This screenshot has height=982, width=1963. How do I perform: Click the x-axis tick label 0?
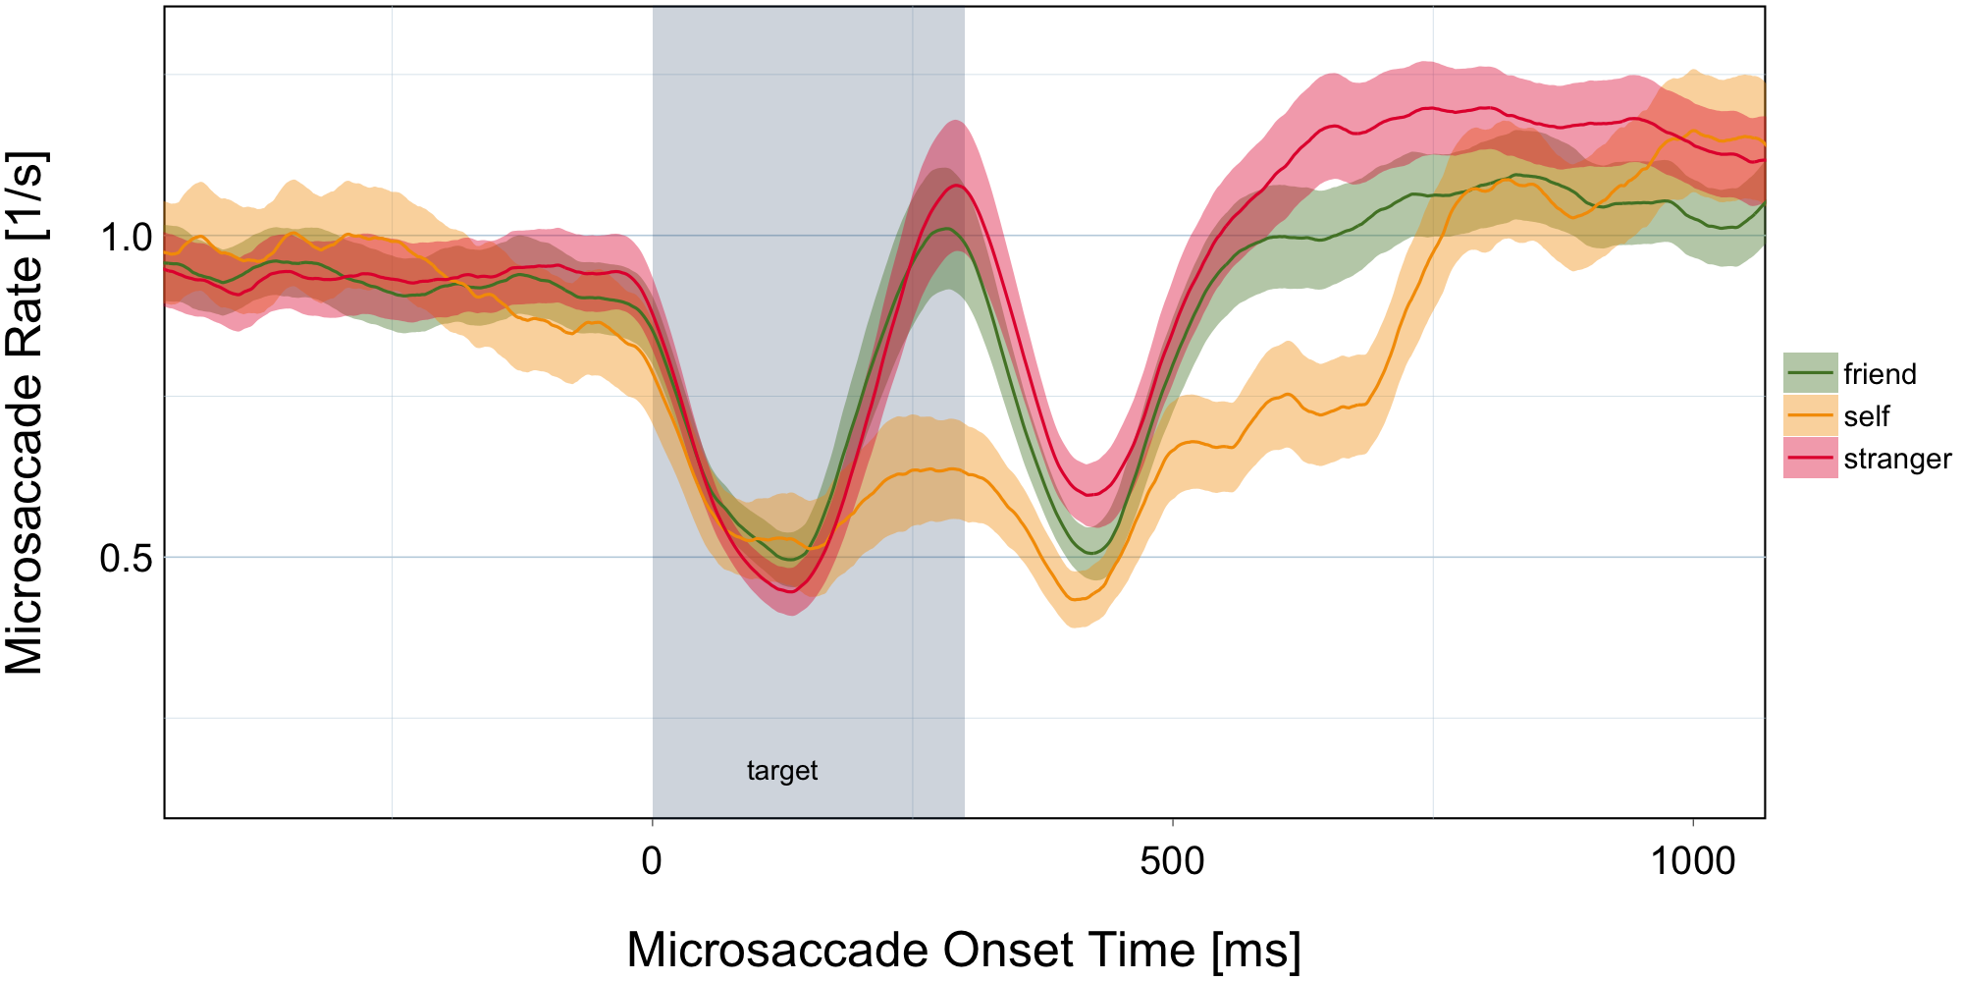click(652, 862)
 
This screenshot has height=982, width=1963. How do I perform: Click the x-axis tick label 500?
click(1172, 862)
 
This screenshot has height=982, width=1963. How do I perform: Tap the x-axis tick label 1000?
click(1692, 862)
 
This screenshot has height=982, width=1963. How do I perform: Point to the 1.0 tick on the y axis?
click(126, 237)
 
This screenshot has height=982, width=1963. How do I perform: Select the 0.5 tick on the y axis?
click(126, 558)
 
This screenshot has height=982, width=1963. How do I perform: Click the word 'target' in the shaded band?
click(782, 771)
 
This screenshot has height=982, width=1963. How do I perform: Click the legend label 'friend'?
click(1880, 374)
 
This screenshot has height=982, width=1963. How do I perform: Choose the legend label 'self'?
click(1866, 416)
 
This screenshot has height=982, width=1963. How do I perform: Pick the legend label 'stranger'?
click(1897, 459)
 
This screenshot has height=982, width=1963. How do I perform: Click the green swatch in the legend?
click(1810, 373)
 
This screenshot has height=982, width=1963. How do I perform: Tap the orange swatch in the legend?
click(1810, 415)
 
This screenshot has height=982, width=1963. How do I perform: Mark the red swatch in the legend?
click(1810, 458)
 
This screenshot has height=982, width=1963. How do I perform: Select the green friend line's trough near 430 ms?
click(1091, 553)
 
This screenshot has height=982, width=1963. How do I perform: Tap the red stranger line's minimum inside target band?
click(791, 591)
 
